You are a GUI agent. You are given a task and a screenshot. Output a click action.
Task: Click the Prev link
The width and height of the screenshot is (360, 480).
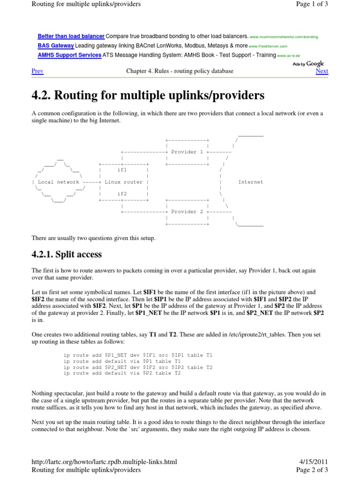point(37,71)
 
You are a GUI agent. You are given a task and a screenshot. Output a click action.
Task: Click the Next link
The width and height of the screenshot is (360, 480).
point(322,71)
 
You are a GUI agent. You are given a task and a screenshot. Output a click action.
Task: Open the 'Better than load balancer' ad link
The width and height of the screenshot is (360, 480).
point(71,36)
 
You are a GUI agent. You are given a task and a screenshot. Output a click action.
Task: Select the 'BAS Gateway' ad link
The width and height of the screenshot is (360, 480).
point(55,46)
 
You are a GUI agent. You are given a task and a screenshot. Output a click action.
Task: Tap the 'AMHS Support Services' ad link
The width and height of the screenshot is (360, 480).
point(69,55)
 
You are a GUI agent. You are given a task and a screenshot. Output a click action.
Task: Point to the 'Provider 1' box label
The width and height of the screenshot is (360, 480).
point(187,152)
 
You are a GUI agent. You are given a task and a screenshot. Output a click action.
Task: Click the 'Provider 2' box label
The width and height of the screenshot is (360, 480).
point(187,212)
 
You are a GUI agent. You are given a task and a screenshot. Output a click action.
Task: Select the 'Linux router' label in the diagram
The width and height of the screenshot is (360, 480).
point(123,182)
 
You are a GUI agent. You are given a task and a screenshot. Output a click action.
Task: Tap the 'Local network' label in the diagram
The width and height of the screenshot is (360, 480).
point(59,182)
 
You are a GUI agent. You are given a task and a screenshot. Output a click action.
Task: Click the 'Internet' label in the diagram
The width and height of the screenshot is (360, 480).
point(251,182)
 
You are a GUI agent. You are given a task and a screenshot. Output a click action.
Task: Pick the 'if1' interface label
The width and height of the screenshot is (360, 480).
point(122,170)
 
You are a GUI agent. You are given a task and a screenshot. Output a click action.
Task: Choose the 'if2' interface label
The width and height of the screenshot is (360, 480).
point(122,194)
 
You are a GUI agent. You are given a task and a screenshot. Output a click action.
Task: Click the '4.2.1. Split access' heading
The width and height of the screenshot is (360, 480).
point(67,255)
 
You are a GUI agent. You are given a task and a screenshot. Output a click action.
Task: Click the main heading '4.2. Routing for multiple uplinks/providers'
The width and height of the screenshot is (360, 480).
point(148,96)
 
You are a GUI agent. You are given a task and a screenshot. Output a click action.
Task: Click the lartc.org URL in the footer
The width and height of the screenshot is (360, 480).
point(104,462)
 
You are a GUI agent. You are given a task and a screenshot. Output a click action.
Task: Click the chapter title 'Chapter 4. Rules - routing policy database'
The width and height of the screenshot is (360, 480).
point(180,71)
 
